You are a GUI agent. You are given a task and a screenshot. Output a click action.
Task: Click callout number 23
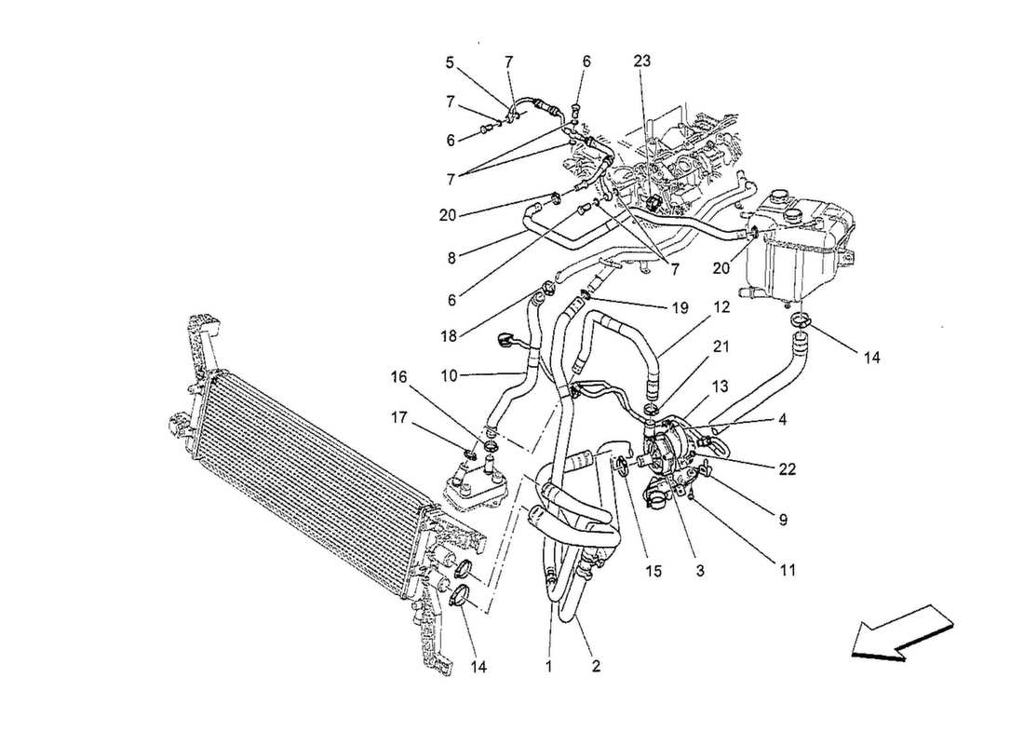(642, 61)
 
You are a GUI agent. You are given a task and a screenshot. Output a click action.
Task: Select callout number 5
(450, 63)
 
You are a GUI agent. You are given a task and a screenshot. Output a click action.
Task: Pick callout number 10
(450, 376)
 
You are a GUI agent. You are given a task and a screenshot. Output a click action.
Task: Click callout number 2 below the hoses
(596, 666)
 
